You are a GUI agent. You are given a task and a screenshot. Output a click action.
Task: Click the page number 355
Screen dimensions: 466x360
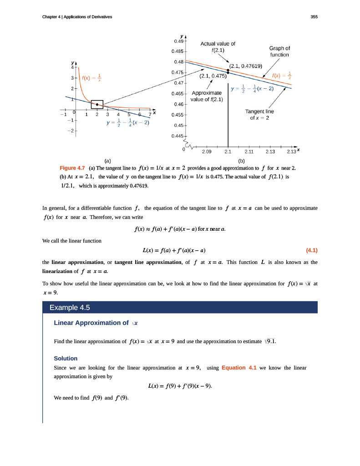(x=314, y=17)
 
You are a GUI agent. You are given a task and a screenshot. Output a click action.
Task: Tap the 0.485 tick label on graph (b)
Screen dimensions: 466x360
(x=177, y=51)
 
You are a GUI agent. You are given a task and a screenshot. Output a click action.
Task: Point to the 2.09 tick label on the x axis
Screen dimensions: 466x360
(x=207, y=152)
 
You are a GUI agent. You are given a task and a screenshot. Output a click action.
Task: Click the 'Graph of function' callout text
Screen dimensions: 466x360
(x=279, y=51)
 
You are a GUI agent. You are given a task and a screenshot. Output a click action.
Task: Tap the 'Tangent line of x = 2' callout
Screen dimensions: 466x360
(x=259, y=115)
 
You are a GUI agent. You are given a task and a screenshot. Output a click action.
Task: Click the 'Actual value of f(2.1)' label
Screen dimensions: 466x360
(x=218, y=47)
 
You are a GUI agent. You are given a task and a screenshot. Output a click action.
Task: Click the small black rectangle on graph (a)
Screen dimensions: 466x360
(x=97, y=104)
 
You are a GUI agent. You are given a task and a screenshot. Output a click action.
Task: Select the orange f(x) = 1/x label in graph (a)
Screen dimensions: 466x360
(x=91, y=78)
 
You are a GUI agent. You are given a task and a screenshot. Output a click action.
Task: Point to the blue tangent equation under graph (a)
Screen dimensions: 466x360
(x=127, y=123)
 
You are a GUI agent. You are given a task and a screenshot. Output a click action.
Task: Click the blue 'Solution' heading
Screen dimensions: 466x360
(x=66, y=358)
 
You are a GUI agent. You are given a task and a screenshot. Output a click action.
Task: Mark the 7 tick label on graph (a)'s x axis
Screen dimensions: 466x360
(x=150, y=114)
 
